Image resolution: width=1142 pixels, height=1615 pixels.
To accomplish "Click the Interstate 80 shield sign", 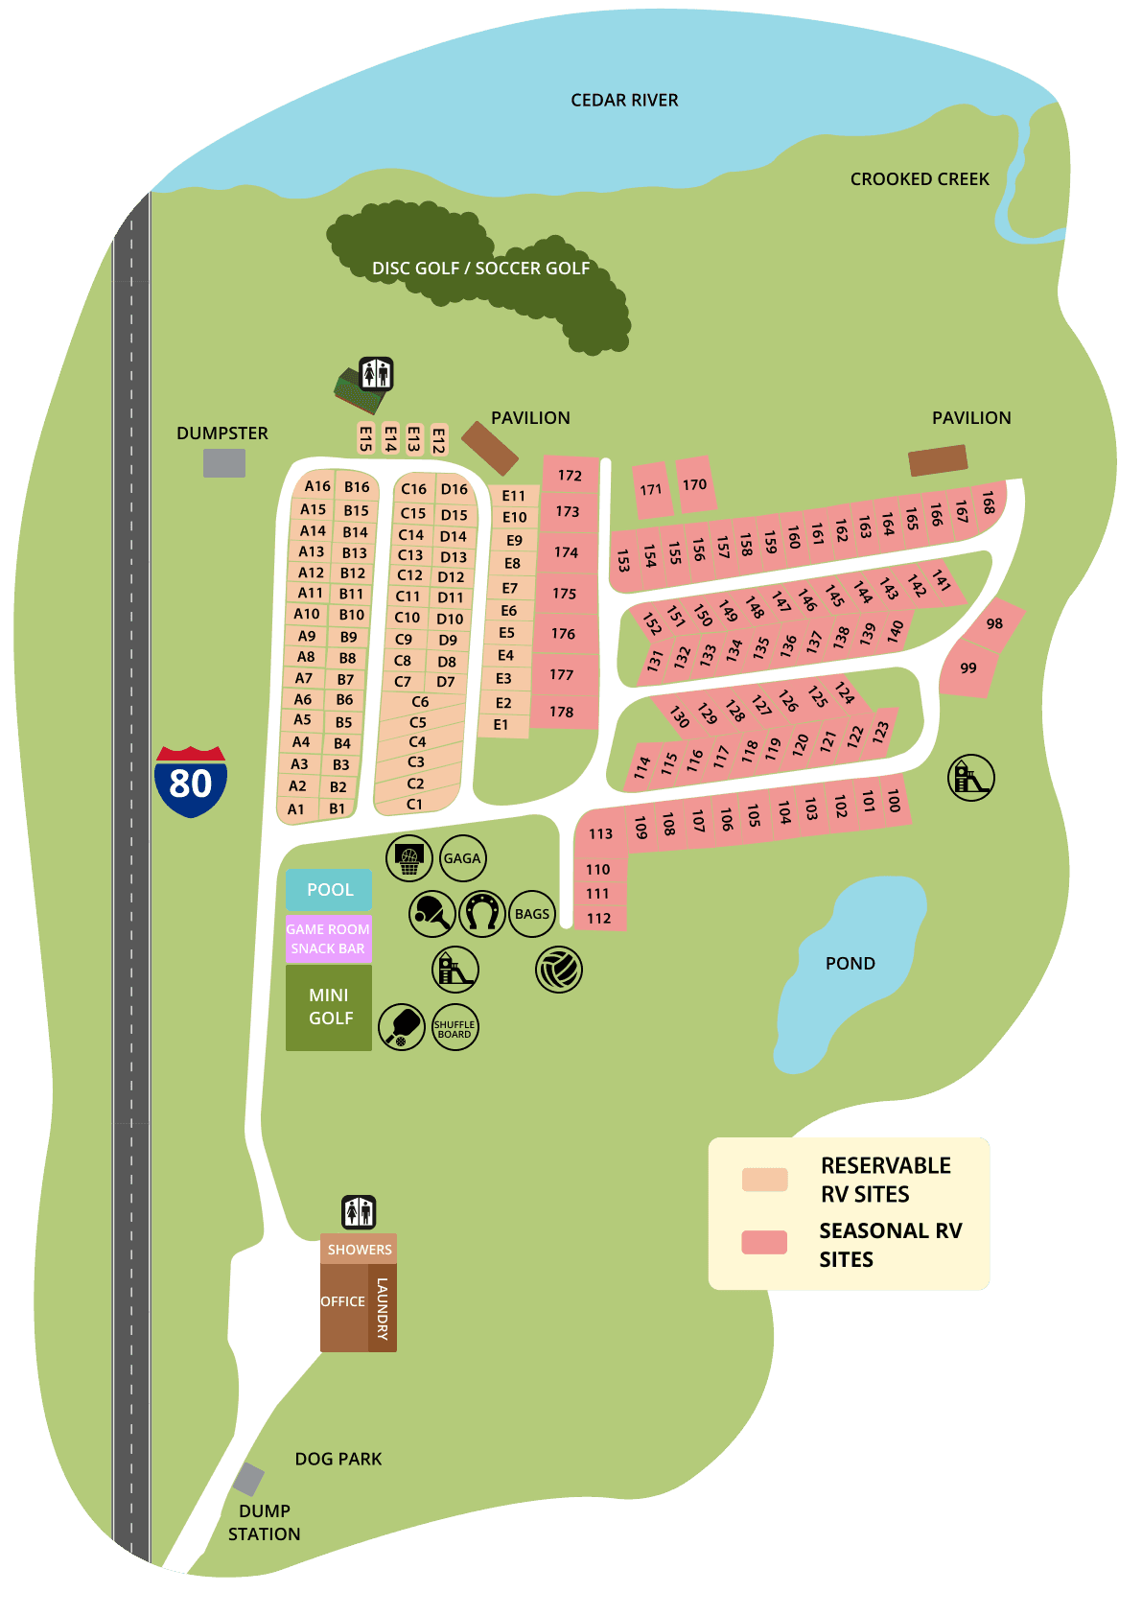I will [191, 782].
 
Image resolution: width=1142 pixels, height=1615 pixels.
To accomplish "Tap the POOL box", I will [329, 890].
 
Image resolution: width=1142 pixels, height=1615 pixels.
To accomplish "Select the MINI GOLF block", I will [329, 1007].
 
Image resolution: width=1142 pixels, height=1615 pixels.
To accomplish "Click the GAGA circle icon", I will [462, 858].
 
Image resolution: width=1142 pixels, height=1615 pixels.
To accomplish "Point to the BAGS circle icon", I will [532, 914].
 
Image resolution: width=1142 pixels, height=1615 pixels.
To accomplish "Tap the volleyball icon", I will [559, 970].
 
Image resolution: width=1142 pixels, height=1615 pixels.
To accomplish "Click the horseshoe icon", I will [482, 914].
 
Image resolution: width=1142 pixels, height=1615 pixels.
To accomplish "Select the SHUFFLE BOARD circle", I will [454, 1028].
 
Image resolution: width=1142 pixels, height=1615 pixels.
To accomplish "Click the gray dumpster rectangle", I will [224, 463].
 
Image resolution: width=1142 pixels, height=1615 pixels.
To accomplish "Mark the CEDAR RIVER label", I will [624, 101].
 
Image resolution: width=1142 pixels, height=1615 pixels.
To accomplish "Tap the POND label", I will [851, 964].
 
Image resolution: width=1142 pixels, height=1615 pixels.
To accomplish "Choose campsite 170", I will [695, 484].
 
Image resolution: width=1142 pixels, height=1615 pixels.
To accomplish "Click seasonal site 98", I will [994, 623].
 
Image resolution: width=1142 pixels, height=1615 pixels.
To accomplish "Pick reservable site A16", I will [317, 486].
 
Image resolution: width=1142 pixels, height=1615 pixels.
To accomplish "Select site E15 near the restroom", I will [365, 438].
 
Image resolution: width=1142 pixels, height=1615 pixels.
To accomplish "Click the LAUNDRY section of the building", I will [383, 1308].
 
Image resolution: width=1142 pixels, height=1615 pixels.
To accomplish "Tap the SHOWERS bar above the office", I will [359, 1250].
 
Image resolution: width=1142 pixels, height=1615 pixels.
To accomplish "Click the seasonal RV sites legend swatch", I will [764, 1242].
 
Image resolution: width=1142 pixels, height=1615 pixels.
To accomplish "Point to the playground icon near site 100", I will [971, 778].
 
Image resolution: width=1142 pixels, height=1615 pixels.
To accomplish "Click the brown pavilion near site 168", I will [938, 460].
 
